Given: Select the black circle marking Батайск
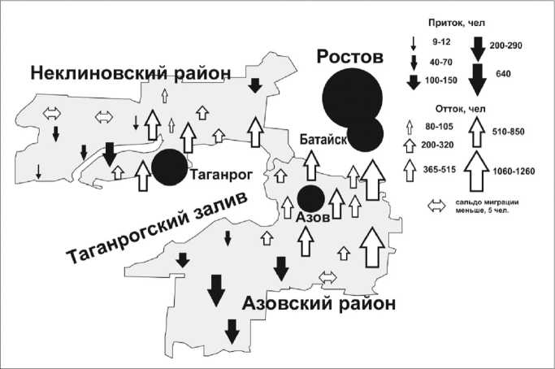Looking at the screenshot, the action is (x=365, y=133).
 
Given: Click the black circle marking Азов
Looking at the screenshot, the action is (x=310, y=198).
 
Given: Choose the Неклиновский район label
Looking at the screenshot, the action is (x=131, y=74).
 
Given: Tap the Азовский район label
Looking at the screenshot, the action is (x=319, y=304).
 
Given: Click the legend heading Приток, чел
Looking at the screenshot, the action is (x=463, y=24).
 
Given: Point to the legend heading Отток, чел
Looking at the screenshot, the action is (x=463, y=107).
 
